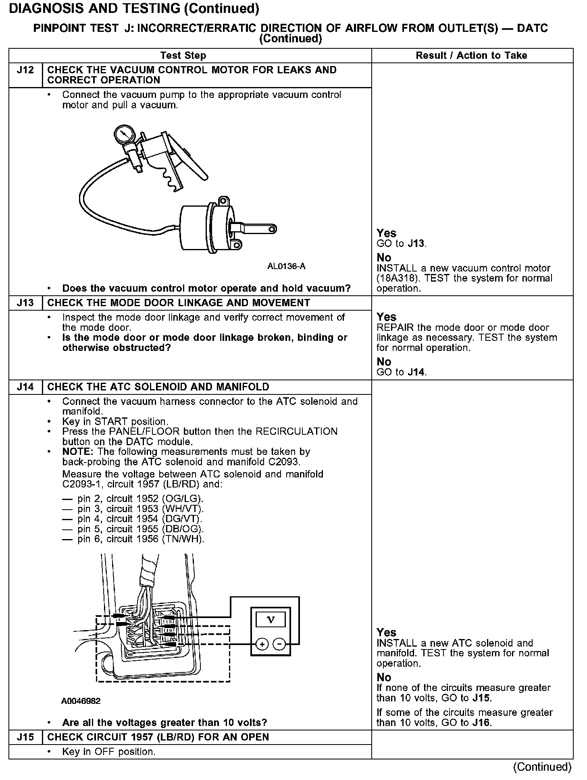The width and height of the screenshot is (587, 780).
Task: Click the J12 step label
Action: coord(25,71)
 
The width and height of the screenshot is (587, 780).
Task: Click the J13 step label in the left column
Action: coord(25,303)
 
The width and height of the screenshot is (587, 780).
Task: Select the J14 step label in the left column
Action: coord(25,387)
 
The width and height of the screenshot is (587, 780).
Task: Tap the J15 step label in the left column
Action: coord(25,737)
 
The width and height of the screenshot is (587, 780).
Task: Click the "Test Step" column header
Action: coord(183,56)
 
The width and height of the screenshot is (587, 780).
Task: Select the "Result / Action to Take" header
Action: coord(471,56)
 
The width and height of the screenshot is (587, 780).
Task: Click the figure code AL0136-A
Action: coord(286,267)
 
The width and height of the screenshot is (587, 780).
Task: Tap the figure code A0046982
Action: coord(81,701)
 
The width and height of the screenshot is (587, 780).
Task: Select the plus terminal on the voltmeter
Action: coord(262,645)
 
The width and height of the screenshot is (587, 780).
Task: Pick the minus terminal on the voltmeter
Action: coord(279,645)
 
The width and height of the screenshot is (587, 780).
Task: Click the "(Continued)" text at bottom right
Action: coord(542,767)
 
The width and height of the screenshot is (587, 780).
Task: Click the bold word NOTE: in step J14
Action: coord(78,452)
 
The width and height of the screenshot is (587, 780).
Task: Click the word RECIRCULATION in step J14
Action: coord(297,431)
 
